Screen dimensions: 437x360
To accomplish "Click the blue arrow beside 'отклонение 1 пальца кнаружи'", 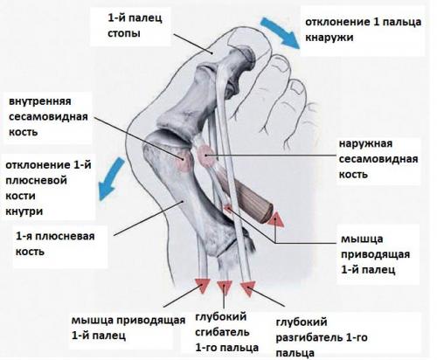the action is point(281,31).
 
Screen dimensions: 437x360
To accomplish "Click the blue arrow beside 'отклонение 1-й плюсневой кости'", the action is point(112,177).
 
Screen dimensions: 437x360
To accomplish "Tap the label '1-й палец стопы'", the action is point(135,25).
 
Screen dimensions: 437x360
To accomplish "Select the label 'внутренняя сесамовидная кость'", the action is point(48,116).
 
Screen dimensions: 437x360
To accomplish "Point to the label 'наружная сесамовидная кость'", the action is point(378,159).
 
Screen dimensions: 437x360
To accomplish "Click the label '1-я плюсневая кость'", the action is point(55,244).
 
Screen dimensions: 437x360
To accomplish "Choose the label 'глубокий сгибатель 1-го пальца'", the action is point(226,332).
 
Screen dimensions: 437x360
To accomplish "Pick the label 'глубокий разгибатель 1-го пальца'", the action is point(322,337).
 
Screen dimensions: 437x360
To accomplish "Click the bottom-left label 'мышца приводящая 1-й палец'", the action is point(128,328).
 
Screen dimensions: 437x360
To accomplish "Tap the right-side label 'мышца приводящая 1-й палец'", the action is point(375,254).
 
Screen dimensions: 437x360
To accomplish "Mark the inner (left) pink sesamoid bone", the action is point(184,161).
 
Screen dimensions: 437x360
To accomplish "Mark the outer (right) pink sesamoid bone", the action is point(206,156).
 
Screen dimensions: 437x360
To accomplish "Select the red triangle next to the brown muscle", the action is point(275,219).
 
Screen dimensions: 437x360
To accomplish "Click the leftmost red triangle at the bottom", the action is point(203,285).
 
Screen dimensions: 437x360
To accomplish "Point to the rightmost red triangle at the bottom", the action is point(247,288).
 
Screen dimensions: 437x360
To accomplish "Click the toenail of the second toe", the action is point(281,63).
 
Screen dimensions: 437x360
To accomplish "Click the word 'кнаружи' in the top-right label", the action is point(329,38).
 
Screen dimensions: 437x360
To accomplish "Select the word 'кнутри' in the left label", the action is point(24,211).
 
